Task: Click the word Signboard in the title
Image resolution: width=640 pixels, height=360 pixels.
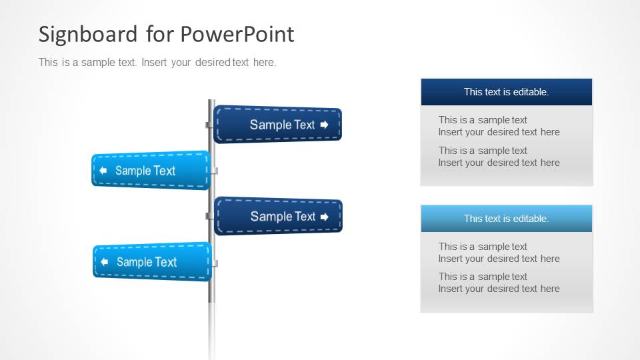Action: pos(88,34)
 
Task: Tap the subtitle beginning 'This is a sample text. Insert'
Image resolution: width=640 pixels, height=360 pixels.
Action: pos(157,63)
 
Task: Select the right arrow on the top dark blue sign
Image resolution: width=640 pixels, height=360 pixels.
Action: pos(325,125)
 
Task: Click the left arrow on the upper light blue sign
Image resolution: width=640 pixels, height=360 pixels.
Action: pos(103,171)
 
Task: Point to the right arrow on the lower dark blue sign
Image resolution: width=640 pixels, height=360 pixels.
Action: pos(325,217)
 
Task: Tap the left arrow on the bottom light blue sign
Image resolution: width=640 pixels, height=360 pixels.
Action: pos(105,262)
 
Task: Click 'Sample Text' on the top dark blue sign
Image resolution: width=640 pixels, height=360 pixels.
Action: pos(282,125)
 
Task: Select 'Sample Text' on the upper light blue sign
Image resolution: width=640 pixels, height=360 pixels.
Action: pos(145,171)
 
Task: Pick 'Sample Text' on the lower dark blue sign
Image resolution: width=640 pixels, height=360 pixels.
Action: pos(283,217)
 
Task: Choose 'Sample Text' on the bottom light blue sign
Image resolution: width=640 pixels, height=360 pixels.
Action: pos(147,262)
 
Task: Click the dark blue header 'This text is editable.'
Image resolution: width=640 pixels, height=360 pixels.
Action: pos(507,92)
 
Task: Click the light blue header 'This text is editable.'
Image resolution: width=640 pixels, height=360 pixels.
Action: pos(507,219)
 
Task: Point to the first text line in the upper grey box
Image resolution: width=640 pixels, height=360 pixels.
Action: pos(483,120)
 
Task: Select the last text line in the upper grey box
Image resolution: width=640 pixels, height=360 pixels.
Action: pos(499,163)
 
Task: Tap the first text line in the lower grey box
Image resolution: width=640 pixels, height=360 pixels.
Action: pos(483,247)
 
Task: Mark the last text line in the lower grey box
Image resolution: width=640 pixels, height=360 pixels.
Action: pos(499,289)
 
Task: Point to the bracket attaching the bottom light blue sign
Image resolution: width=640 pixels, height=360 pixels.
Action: pos(215,263)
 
